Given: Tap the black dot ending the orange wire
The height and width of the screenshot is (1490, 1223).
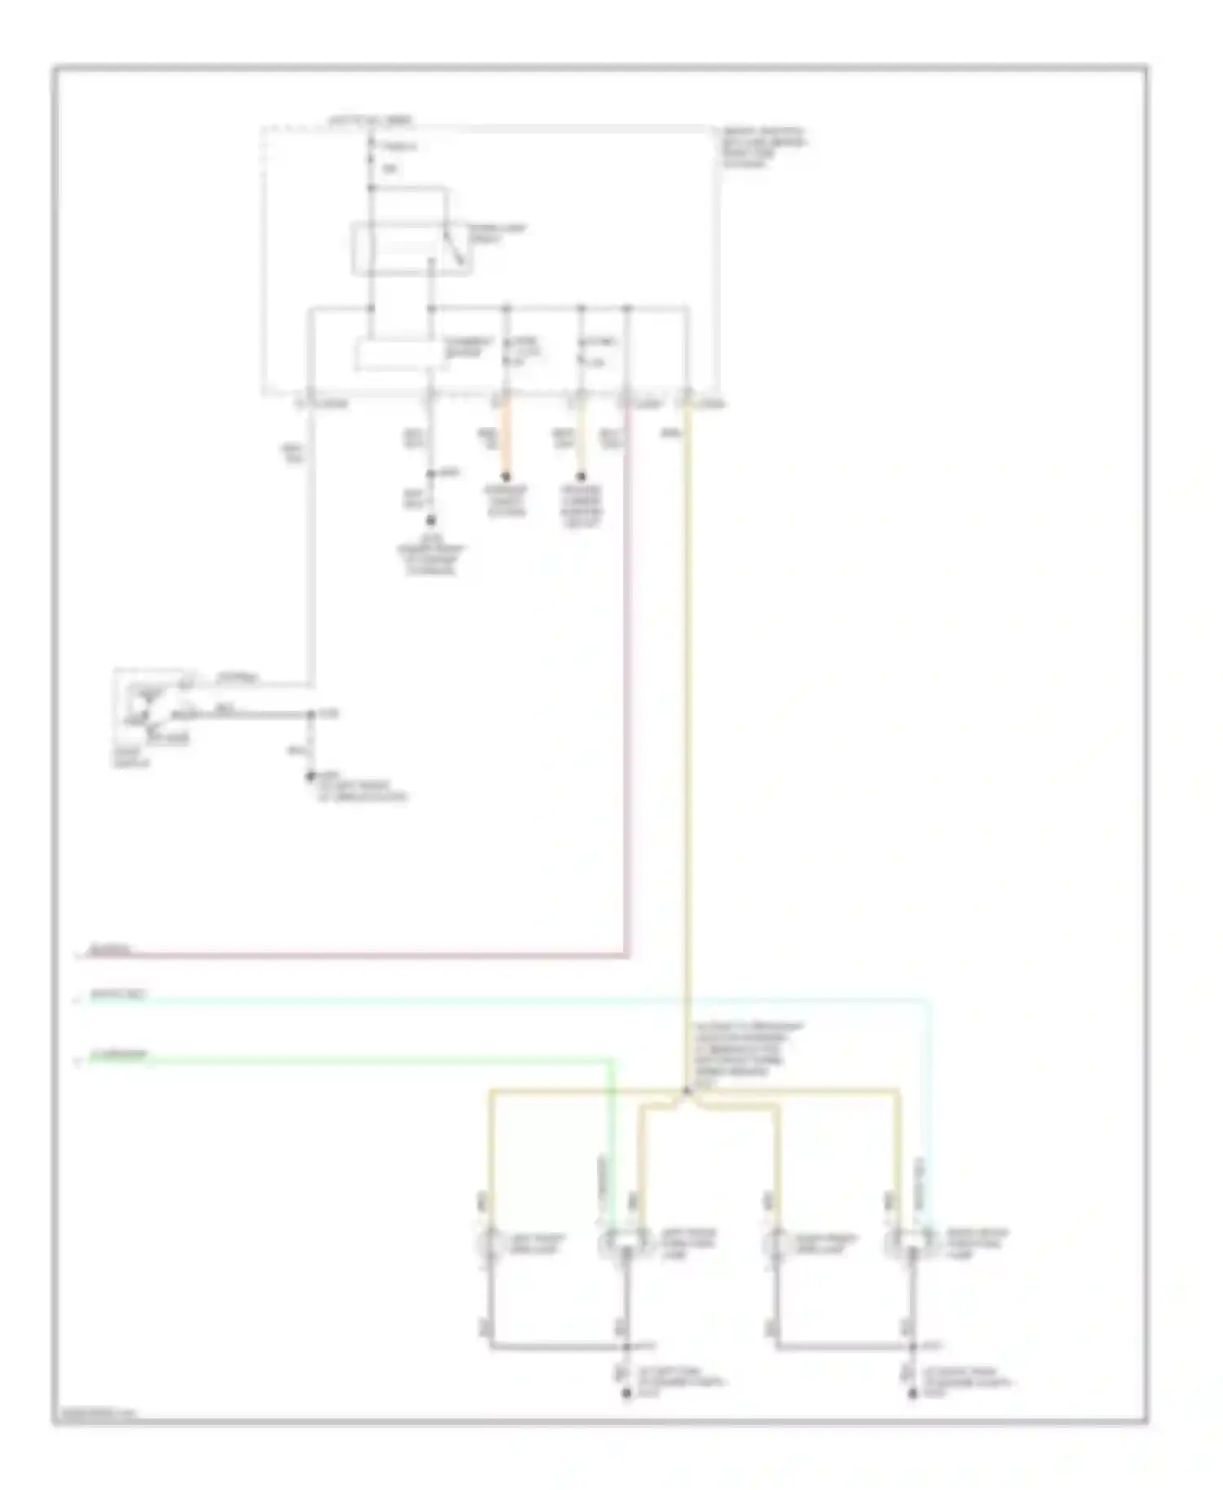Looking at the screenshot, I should pos(506,477).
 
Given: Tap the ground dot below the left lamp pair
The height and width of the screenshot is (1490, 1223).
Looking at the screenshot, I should pos(626,1395).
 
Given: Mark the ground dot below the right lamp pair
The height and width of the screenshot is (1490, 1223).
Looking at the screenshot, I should pos(913,1395).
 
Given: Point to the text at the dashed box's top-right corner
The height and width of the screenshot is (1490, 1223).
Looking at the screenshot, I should pos(763,147).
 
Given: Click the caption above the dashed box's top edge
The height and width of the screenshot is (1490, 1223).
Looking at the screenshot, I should pos(370,121).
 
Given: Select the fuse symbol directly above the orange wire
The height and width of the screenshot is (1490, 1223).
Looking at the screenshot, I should pos(506,350).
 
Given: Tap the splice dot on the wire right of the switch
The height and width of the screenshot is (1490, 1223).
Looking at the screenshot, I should pos(311,715).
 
